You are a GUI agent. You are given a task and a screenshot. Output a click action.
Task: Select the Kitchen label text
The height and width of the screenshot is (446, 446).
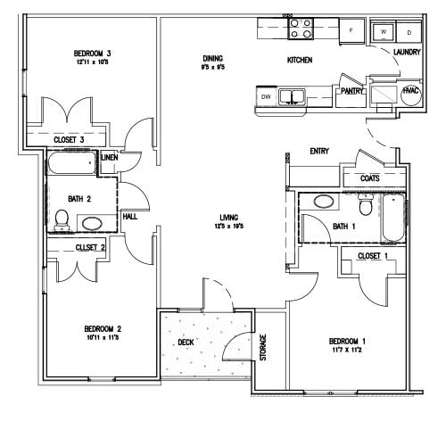(299, 61)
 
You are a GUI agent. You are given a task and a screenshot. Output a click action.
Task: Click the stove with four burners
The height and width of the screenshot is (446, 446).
(301, 29)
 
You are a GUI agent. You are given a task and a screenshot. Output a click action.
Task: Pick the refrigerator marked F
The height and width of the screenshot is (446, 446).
(351, 31)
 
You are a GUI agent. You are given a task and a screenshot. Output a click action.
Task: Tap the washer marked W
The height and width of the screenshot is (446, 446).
(384, 31)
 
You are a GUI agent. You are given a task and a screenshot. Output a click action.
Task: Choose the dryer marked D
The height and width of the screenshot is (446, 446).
(409, 31)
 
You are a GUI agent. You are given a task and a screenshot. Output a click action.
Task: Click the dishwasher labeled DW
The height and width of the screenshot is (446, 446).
(265, 96)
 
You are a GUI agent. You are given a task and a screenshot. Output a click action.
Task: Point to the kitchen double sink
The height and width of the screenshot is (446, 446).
(292, 96)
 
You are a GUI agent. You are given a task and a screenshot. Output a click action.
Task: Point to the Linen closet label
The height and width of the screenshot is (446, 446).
(109, 158)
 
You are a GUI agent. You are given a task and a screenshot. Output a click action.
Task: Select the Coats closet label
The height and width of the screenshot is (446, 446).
(369, 178)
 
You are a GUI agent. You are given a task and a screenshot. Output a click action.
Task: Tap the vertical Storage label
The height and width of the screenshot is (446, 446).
(263, 347)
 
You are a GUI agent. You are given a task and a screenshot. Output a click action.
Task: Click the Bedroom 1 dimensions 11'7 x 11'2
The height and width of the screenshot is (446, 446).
(347, 351)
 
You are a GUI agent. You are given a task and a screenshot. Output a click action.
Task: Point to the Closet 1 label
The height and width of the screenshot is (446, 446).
(371, 256)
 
